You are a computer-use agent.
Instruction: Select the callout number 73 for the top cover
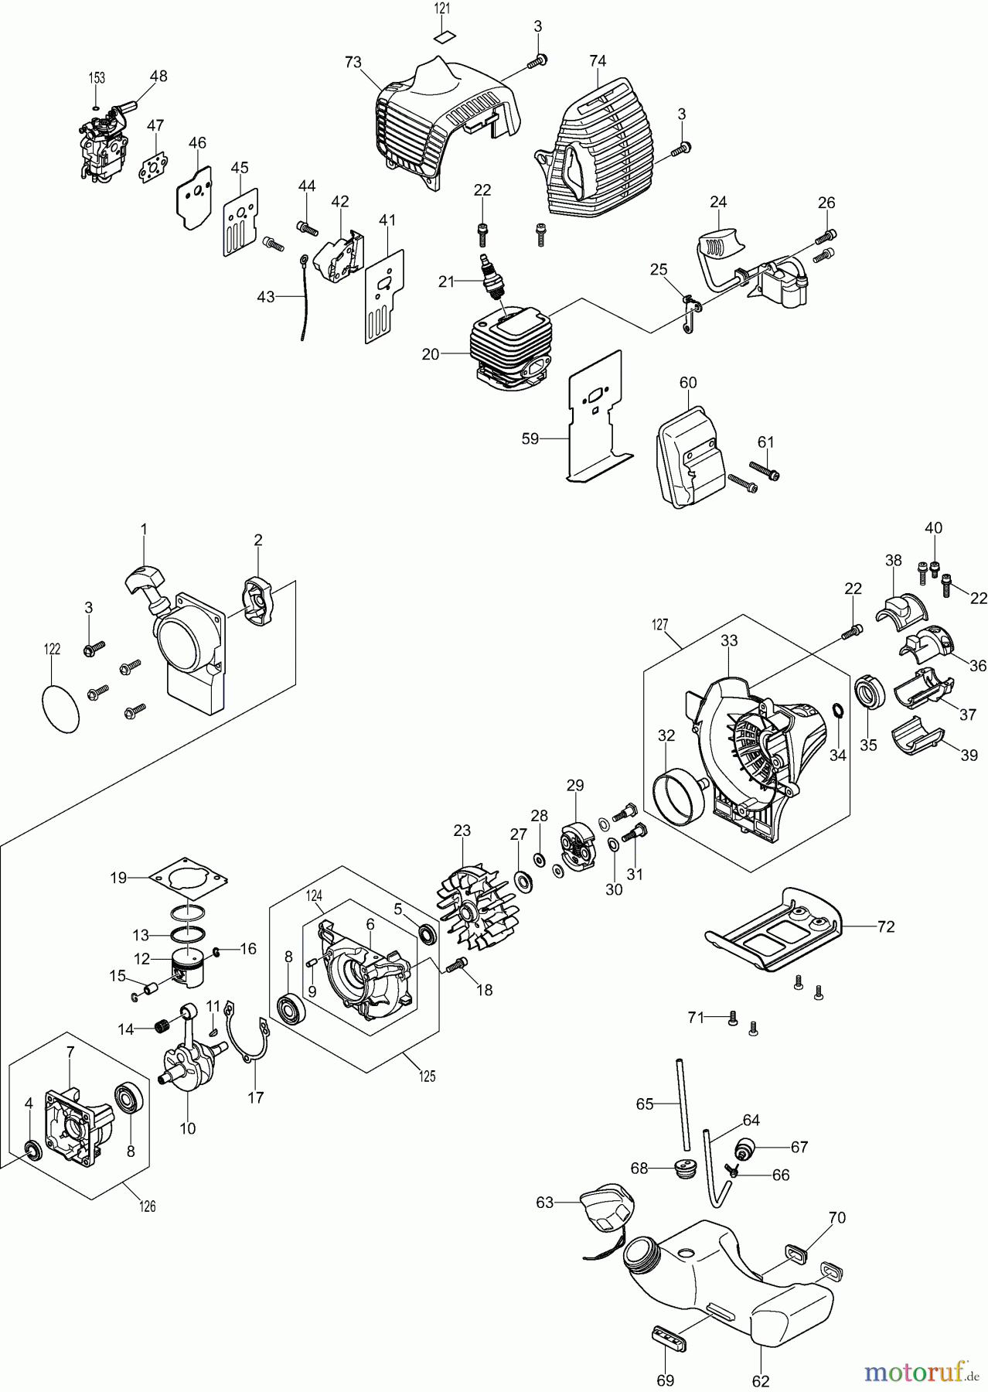pos(353,63)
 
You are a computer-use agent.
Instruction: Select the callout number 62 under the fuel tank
pos(761,1378)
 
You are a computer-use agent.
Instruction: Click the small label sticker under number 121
pos(442,35)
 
